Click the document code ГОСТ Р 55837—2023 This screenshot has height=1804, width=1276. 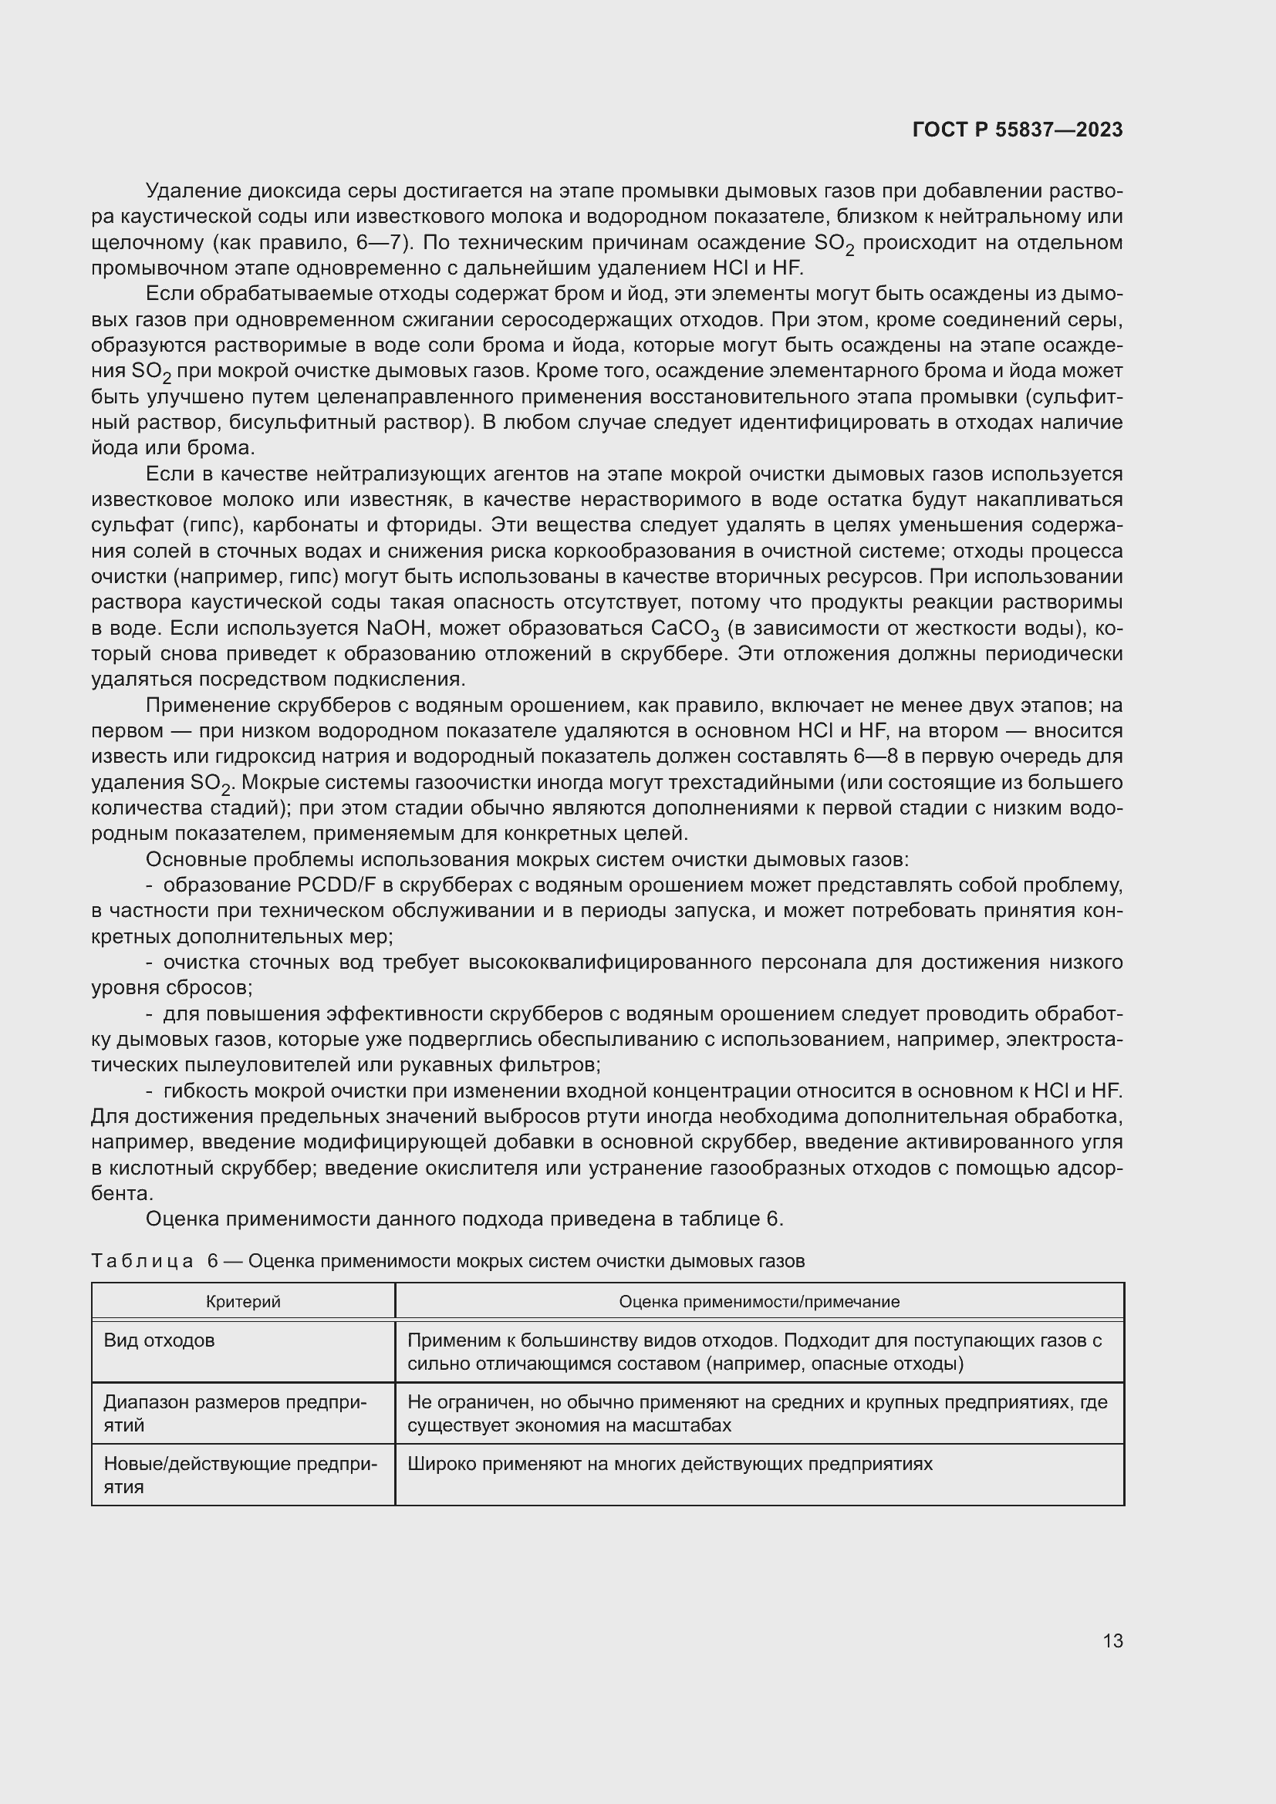tap(1018, 130)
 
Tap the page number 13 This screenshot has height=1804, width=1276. tap(1112, 1640)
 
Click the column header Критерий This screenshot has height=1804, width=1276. tap(243, 1301)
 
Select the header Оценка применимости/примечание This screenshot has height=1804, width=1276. tap(759, 1301)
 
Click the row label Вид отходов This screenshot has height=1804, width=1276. tap(159, 1340)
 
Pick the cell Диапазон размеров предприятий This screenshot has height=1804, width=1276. tap(235, 1413)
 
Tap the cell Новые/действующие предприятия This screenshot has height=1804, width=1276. tap(240, 1475)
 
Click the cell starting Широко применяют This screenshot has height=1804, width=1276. tap(670, 1464)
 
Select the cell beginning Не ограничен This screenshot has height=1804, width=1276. tap(758, 1413)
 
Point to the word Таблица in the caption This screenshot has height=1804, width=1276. tap(142, 1261)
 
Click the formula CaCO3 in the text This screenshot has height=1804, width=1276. tap(685, 629)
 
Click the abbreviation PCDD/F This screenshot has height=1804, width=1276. tap(337, 885)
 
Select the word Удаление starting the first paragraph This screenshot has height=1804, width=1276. tap(194, 191)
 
